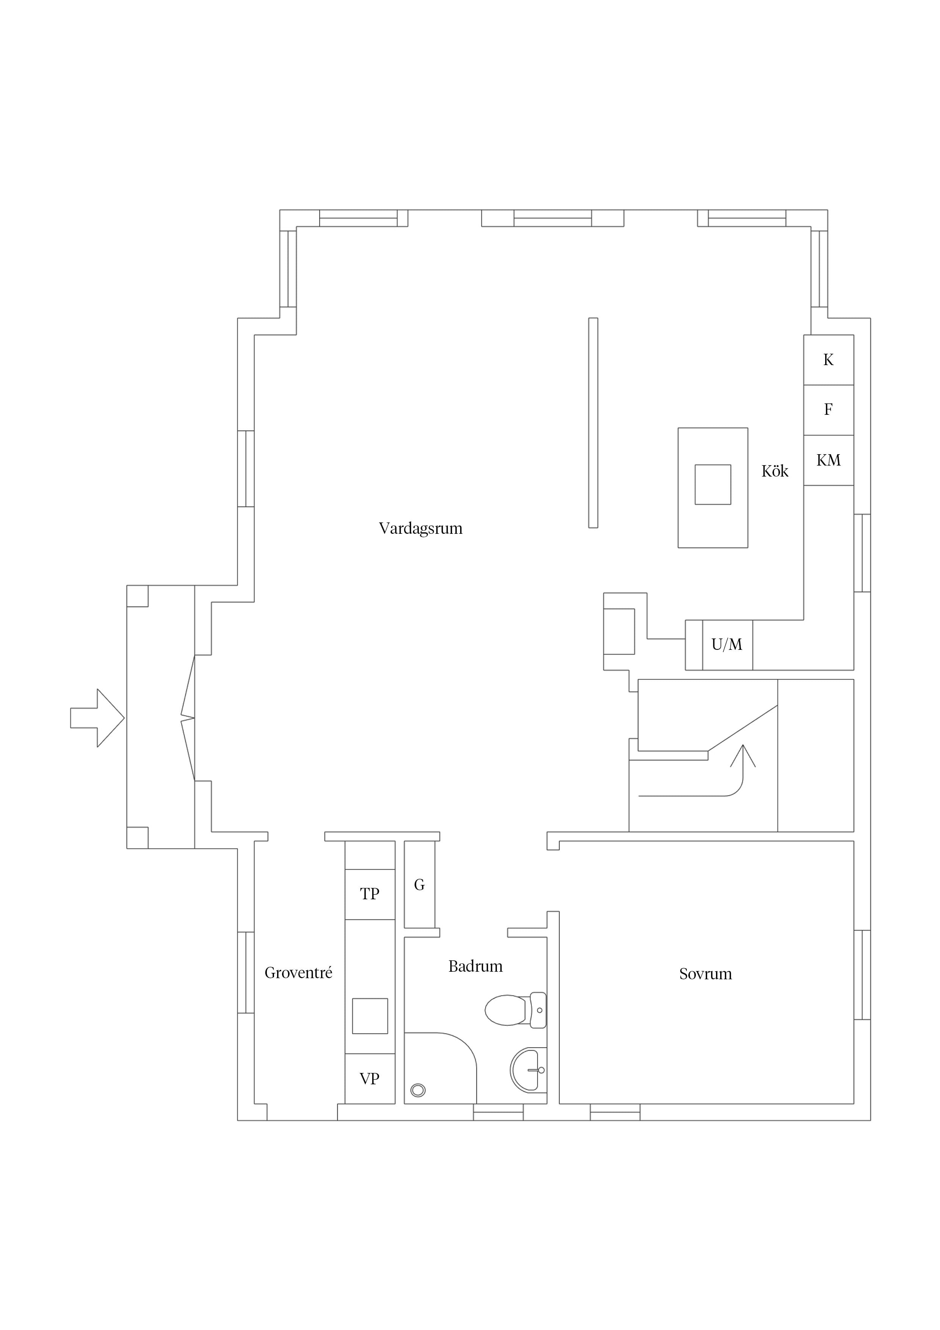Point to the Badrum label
[476, 966]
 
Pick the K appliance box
[829, 360]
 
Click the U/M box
[727, 645]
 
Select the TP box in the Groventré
[370, 894]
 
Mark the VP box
[370, 1079]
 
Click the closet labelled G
[419, 884]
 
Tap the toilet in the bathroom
[515, 1010]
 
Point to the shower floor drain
[418, 1090]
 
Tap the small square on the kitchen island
[713, 484]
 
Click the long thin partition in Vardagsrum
[593, 423]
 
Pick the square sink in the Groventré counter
[370, 1016]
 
